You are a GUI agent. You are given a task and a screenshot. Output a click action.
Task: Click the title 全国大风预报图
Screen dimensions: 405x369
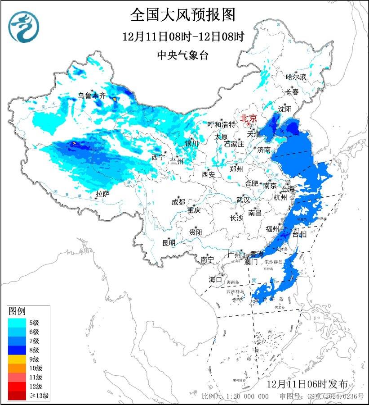[x=183, y=15]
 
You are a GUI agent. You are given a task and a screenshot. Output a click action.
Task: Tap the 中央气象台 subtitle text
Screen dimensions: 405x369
[x=183, y=55]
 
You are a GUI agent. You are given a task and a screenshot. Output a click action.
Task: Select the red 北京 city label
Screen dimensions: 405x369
[x=248, y=118]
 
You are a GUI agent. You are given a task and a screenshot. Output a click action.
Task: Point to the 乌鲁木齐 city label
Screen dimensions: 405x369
[x=91, y=96]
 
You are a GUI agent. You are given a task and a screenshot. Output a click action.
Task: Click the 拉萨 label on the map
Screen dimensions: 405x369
[x=102, y=194]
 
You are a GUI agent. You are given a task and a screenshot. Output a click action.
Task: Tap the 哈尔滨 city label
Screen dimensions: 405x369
[x=296, y=77]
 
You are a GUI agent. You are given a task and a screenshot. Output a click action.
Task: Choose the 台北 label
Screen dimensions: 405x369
[x=299, y=234]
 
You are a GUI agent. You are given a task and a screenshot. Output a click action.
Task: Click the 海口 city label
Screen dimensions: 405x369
[x=215, y=280]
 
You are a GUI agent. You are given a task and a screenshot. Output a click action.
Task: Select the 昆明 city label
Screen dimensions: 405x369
[x=169, y=243]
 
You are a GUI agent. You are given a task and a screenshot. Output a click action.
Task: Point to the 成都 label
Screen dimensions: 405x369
[x=178, y=202]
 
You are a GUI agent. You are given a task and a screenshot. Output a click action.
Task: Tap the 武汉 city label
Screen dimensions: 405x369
[x=243, y=200]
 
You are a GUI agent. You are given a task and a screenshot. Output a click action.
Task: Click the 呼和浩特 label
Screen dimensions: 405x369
[x=221, y=124]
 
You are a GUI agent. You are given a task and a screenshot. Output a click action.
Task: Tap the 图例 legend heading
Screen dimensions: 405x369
[x=17, y=311]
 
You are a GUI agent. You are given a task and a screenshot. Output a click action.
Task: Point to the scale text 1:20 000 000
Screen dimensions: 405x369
[x=246, y=396]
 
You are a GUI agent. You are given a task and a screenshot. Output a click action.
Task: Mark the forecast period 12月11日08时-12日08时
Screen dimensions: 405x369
[x=183, y=36]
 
